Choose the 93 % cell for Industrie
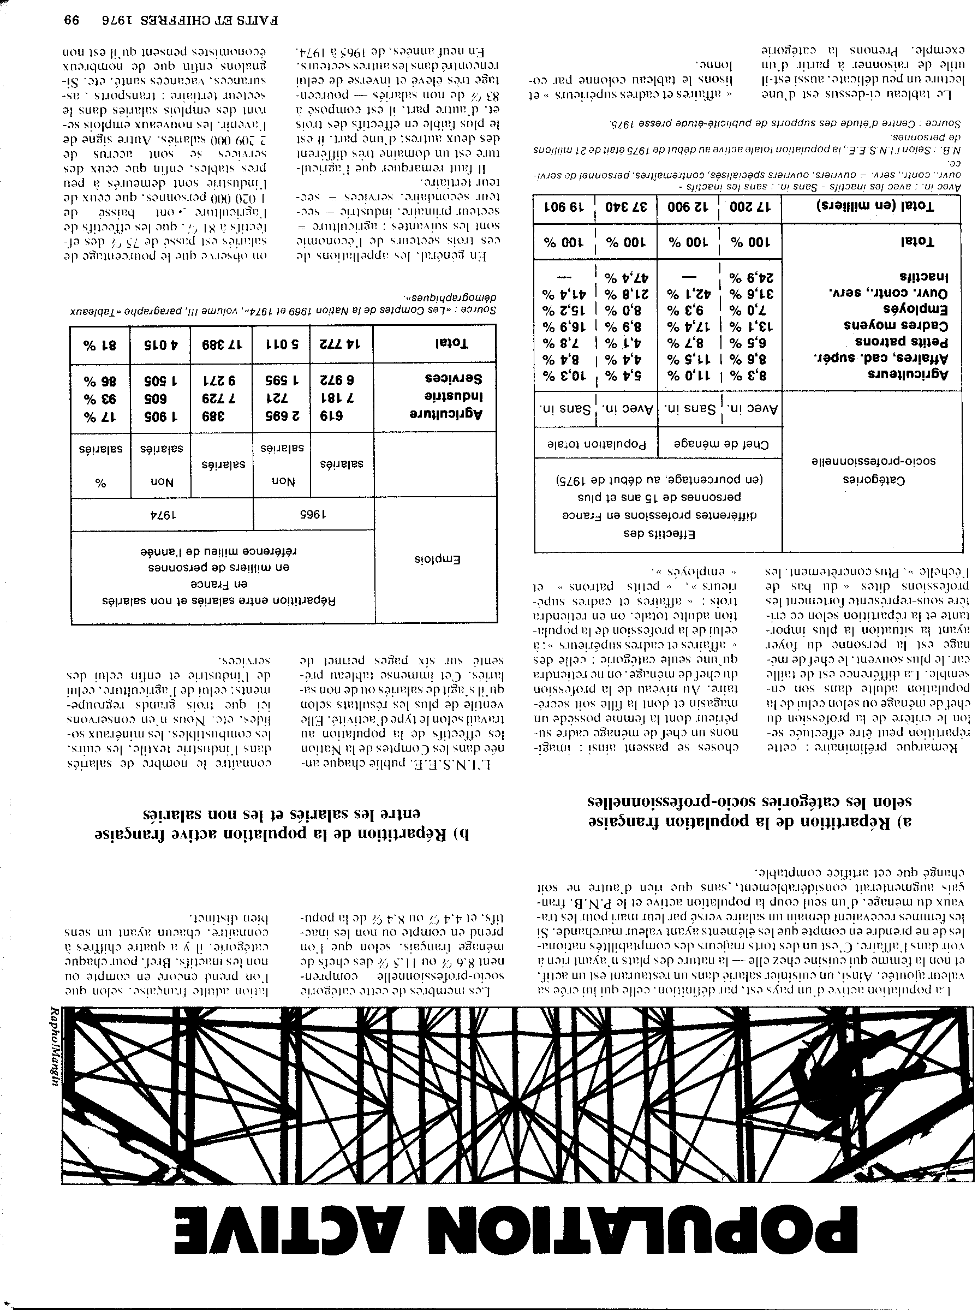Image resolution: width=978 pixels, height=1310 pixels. (x=100, y=396)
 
